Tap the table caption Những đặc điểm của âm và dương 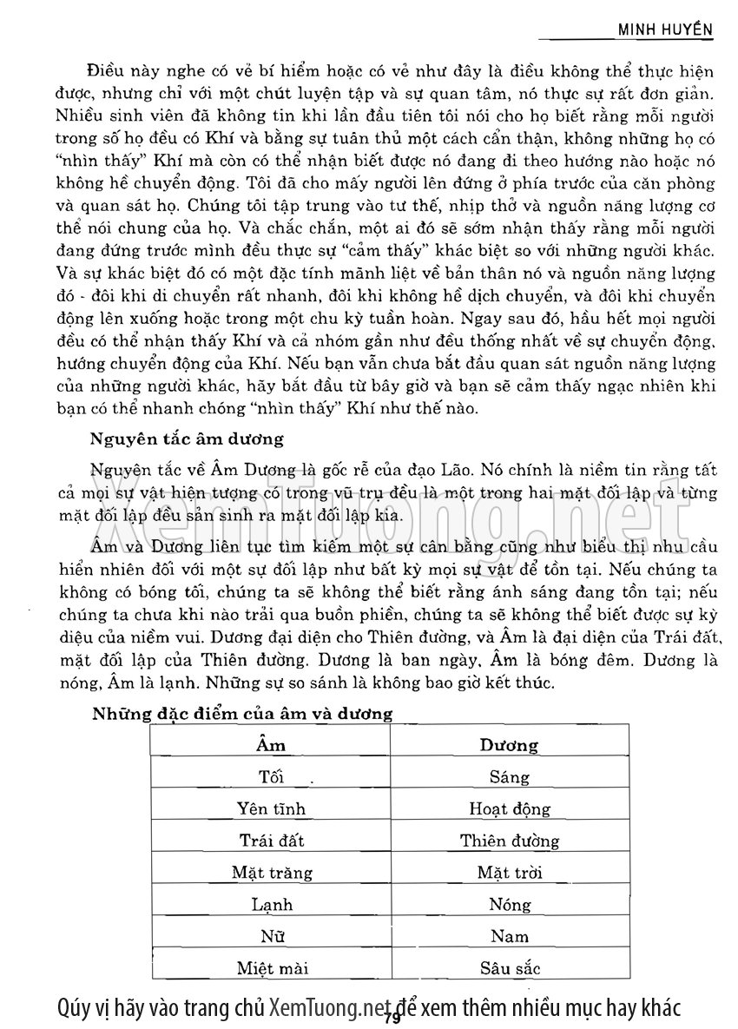(x=242, y=714)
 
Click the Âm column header (x=271, y=745)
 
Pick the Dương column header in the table (x=509, y=745)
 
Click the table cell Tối (x=271, y=777)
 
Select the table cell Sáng (x=509, y=777)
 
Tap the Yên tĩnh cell (x=271, y=809)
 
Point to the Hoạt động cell (x=509, y=809)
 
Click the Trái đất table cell (x=271, y=841)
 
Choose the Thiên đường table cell (x=509, y=841)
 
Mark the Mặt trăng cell (x=271, y=873)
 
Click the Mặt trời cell (x=509, y=873)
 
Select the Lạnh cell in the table (x=271, y=905)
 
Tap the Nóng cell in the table (x=509, y=905)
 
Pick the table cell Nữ (x=271, y=936)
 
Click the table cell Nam (x=509, y=936)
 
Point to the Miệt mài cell (x=271, y=968)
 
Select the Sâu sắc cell (x=509, y=968)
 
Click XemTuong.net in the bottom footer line (x=326, y=1008)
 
